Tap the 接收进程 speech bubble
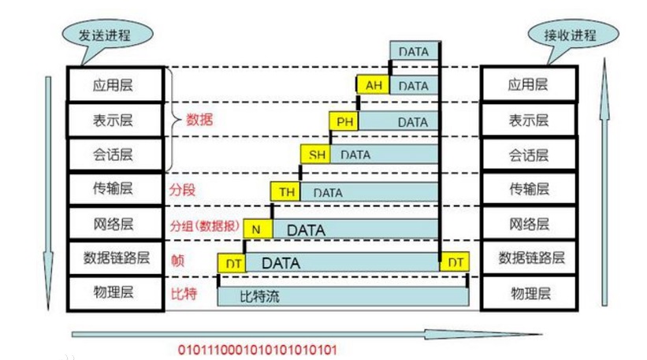pos(573,35)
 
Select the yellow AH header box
pos(373,85)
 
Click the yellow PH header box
pos(344,121)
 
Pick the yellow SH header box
pos(316,154)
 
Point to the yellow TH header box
pos(285,191)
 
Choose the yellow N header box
pos(258,229)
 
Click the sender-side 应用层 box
pos(116,85)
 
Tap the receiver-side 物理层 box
pos(529,293)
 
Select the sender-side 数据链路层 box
pos(116,258)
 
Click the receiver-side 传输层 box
pos(529,189)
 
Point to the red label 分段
pos(182,190)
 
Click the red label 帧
pos(178,260)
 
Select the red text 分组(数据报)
pos(205,225)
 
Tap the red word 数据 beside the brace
pos(199,120)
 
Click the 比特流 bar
pos(343,296)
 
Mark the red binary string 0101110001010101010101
pos(258,350)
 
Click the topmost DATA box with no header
pos(415,50)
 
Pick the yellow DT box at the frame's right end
pos(455,262)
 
